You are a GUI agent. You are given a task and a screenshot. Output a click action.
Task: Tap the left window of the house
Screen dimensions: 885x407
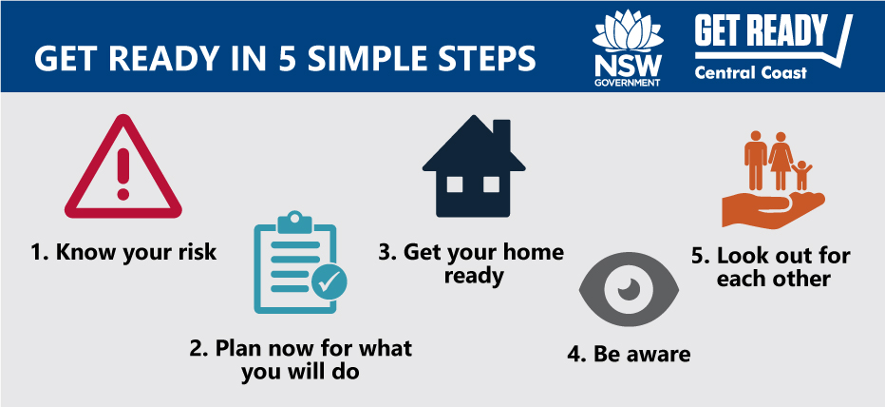pos(455,184)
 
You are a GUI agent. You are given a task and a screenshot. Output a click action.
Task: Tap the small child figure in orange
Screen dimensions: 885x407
pos(800,175)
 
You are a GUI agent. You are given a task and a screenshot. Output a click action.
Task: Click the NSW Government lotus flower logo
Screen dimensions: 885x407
pos(628,32)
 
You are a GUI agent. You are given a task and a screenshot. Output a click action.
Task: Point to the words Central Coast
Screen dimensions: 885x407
pos(751,72)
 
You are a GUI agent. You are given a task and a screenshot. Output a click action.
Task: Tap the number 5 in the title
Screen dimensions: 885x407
pos(289,58)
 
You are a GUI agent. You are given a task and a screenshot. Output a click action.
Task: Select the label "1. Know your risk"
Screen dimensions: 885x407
pos(123,252)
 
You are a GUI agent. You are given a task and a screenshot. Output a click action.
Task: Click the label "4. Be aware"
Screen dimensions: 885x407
pos(629,354)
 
